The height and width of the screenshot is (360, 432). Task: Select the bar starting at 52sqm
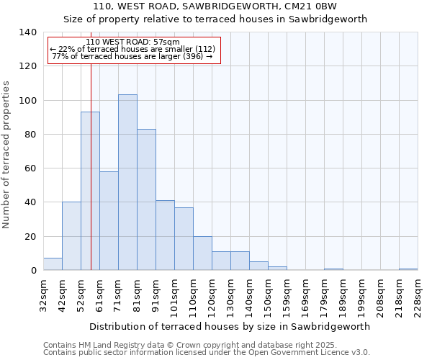click(x=90, y=191)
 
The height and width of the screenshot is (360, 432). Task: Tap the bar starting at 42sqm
click(x=71, y=236)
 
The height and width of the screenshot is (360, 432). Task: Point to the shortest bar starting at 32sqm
click(x=53, y=264)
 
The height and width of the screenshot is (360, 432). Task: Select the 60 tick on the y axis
click(x=31, y=168)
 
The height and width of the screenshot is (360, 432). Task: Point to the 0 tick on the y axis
click(x=34, y=271)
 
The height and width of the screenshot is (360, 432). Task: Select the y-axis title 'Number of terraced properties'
click(x=6, y=154)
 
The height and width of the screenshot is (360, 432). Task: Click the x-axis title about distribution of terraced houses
click(x=230, y=326)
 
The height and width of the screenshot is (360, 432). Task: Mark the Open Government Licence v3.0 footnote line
click(x=207, y=353)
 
